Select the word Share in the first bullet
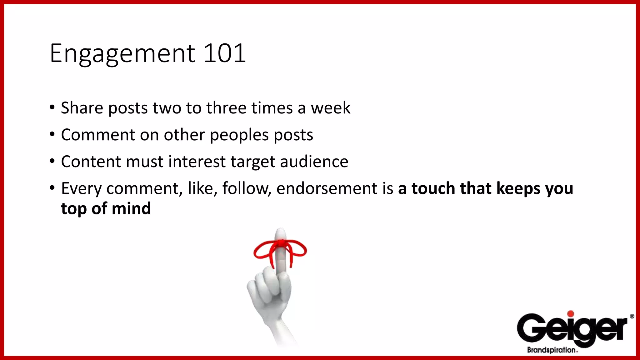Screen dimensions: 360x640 [82, 108]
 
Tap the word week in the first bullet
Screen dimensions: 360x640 [330, 108]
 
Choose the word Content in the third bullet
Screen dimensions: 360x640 [91, 162]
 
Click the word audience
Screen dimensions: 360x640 [314, 162]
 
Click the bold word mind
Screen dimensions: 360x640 [131, 208]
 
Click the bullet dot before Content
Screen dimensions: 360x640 [52, 161]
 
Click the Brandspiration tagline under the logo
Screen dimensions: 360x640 [552, 350]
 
